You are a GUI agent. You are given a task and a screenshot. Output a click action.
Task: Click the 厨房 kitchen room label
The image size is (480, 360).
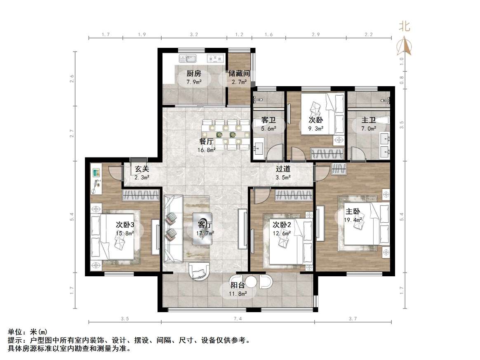click(194, 74)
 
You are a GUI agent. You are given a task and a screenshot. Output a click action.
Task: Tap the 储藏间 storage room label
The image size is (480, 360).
click(239, 74)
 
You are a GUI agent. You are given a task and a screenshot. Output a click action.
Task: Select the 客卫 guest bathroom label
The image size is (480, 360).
click(268, 121)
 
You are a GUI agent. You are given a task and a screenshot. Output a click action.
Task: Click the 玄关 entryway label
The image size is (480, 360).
click(142, 169)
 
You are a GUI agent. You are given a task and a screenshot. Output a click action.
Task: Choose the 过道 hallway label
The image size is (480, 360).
click(283, 169)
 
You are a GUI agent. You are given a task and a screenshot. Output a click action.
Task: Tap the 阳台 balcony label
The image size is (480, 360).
click(238, 285)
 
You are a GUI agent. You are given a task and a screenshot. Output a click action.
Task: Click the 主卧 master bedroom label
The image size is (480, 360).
click(353, 212)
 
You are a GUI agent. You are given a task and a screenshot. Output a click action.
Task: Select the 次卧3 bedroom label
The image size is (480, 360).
click(125, 225)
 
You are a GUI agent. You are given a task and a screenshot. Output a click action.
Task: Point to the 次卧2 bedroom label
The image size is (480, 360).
click(282, 225)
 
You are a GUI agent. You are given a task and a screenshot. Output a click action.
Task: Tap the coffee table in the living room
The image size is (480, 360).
click(203, 228)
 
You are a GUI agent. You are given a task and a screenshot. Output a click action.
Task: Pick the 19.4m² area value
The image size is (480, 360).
click(353, 220)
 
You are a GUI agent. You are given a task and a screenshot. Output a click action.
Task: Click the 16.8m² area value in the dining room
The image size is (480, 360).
click(207, 150)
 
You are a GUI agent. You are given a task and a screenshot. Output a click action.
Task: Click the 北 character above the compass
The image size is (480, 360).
click(404, 26)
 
